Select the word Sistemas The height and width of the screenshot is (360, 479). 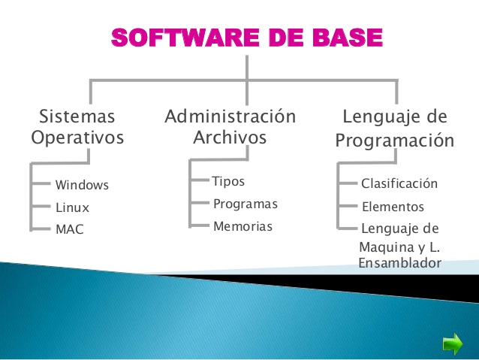pos(77,116)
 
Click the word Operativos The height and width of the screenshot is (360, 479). pos(77,138)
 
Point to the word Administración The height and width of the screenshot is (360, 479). pos(230,116)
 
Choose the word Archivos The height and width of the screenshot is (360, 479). pos(230,138)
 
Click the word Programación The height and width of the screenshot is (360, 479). pos(394,141)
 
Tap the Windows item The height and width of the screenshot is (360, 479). pos(82,185)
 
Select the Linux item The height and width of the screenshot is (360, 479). pos(72,207)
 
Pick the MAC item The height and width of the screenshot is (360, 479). pos(70,230)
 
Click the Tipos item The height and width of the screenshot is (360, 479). pos(228,182)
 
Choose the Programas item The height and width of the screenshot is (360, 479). pos(246,204)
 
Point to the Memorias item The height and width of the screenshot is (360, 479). pos(243,226)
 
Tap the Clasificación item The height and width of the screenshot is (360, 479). pos(399,184)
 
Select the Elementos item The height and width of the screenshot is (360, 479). pos(393,207)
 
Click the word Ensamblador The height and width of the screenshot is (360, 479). pos(399,263)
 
